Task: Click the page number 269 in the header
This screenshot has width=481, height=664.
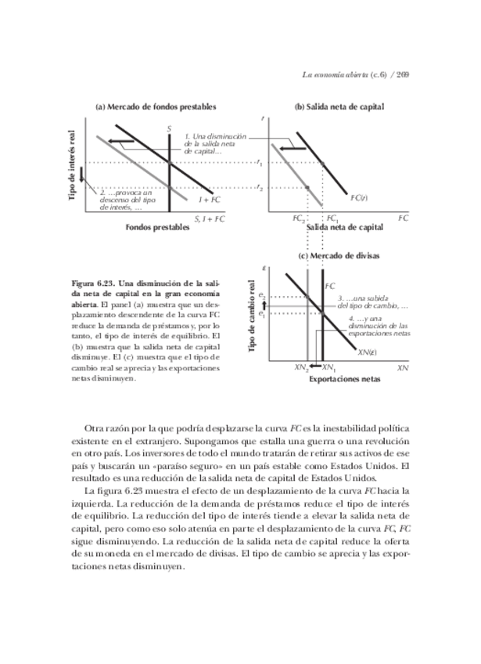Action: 404,75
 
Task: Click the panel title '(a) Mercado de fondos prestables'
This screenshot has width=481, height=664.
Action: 156,106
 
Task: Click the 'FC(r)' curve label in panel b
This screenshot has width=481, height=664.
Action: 360,197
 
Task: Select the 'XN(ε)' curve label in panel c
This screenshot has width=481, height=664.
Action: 368,352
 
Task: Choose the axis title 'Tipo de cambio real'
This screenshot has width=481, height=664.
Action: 253,316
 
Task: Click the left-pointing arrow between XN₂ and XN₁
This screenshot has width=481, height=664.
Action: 314,366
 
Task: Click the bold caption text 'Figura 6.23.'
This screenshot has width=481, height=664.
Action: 92,281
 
